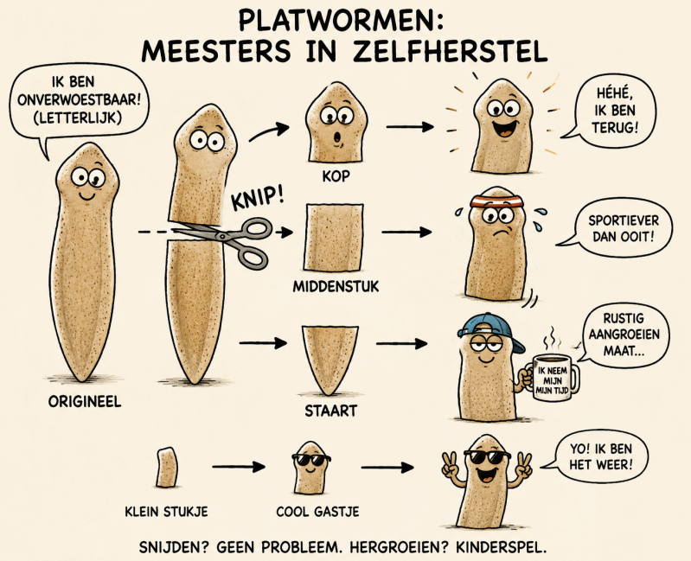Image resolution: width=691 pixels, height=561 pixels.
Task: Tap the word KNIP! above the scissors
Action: tap(259, 199)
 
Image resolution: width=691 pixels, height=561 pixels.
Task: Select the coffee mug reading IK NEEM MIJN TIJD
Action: tap(553, 378)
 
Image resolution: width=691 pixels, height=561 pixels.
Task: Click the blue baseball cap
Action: tap(490, 329)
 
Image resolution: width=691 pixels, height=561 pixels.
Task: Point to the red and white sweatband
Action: tap(497, 201)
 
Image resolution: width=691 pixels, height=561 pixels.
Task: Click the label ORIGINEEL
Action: tap(85, 402)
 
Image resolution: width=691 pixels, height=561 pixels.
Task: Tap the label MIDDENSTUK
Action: tap(336, 287)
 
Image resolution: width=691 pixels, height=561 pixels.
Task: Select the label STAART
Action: tap(330, 411)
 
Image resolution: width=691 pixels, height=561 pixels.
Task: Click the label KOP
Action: tap(336, 176)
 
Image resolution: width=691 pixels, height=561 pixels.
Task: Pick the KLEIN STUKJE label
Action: tap(167, 512)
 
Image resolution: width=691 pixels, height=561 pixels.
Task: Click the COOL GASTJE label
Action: tap(317, 512)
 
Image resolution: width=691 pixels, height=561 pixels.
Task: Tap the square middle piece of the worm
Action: tap(334, 238)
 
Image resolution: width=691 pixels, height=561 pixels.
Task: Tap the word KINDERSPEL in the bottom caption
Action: tap(502, 547)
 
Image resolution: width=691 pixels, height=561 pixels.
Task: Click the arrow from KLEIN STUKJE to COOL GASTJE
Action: tap(239, 467)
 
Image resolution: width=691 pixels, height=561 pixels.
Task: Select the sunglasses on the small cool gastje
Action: tap(311, 459)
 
